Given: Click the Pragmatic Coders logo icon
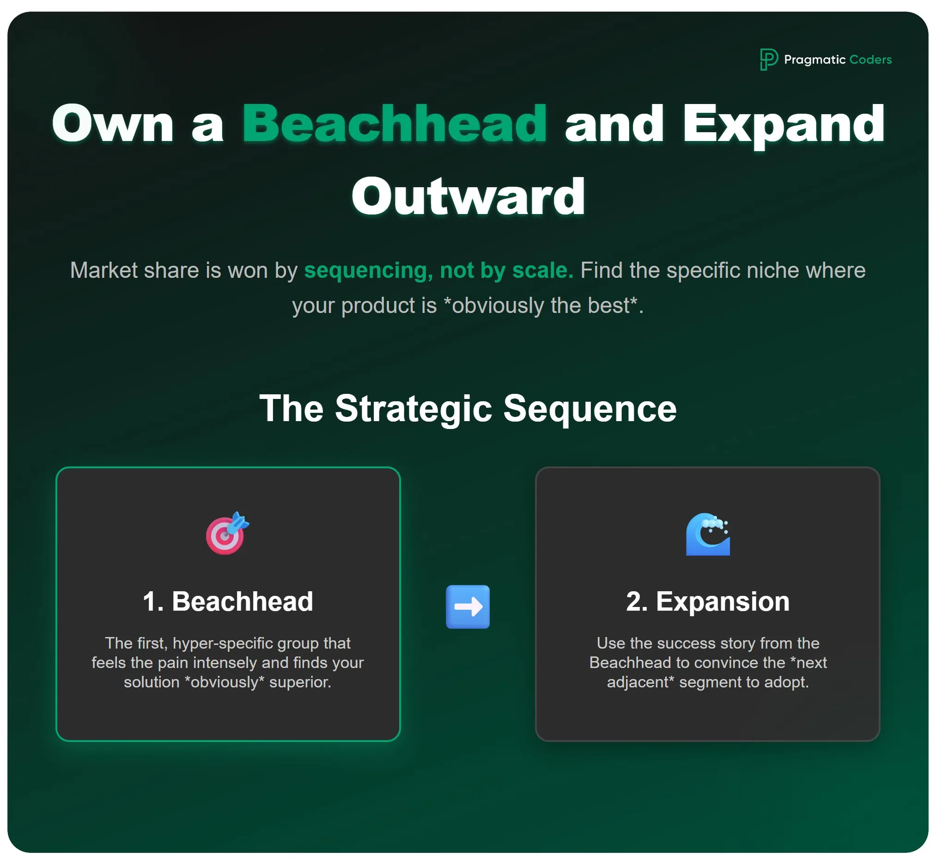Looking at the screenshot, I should click(768, 59).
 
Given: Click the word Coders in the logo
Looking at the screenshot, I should click(870, 60).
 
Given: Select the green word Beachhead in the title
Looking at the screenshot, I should click(395, 123).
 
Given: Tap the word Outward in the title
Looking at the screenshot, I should click(468, 197).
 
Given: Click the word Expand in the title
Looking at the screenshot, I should click(783, 123).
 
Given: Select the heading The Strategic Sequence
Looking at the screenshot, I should click(468, 408).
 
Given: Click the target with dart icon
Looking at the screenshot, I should click(227, 533).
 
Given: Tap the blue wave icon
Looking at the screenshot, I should click(707, 534).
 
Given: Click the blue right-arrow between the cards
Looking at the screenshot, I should click(468, 607).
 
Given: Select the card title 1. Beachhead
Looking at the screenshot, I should click(228, 601).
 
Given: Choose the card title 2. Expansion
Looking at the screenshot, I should click(707, 601).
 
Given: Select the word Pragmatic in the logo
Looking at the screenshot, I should click(814, 60).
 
